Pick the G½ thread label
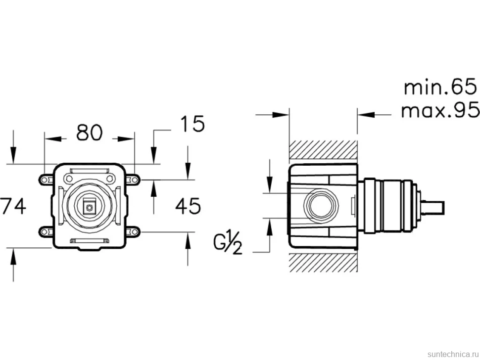pos(228,244)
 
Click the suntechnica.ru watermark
pos(453,354)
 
